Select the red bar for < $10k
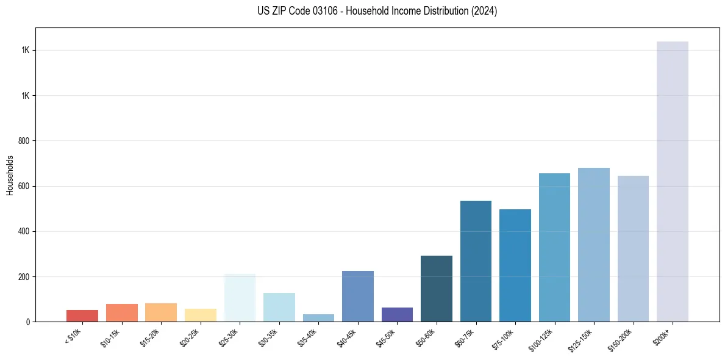[82, 316]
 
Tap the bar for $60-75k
[476, 261]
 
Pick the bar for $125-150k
[593, 245]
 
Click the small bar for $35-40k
[318, 318]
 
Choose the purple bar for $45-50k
[397, 315]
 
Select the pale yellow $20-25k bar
[200, 315]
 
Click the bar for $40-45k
[357, 297]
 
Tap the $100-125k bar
[554, 248]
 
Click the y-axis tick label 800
[24, 141]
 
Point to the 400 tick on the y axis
[24, 231]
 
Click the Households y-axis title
[10, 175]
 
